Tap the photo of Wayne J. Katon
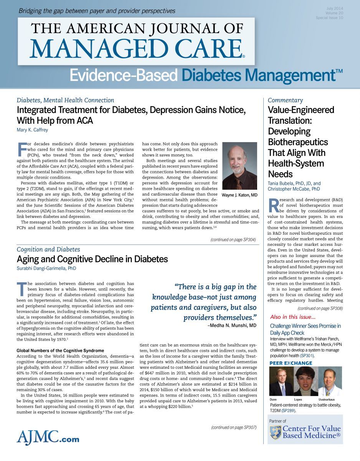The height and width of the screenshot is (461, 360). (x=239, y=166)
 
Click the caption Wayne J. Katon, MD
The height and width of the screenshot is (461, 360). (x=239, y=195)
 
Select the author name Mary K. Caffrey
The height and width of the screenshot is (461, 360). (x=32, y=130)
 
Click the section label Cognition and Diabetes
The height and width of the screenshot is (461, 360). (x=48, y=249)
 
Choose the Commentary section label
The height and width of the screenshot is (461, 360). (x=286, y=100)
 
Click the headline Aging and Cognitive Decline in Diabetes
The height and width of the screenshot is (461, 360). (x=92, y=259)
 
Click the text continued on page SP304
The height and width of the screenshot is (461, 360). (x=233, y=240)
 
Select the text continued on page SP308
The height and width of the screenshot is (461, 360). (x=320, y=308)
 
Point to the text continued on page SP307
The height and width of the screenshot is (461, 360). (x=234, y=427)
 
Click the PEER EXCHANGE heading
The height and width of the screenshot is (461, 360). (x=291, y=363)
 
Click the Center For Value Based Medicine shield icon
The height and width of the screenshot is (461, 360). (x=275, y=432)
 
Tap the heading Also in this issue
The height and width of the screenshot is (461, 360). (x=293, y=317)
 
